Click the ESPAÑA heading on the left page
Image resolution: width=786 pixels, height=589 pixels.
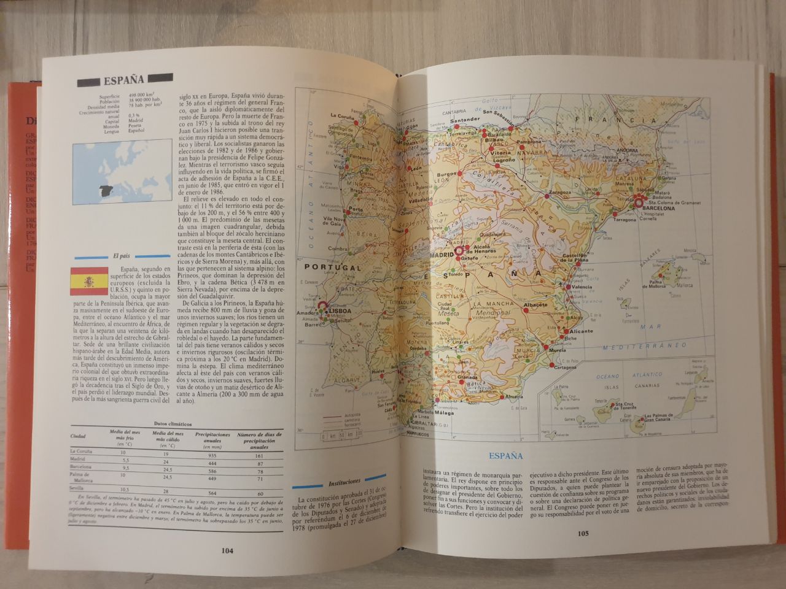[x=123, y=79]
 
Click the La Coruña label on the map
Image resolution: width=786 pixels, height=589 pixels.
[x=343, y=115]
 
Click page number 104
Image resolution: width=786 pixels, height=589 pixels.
[x=227, y=550]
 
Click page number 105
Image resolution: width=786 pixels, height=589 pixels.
[x=583, y=533]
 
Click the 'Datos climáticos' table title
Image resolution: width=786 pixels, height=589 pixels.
[x=173, y=424]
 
